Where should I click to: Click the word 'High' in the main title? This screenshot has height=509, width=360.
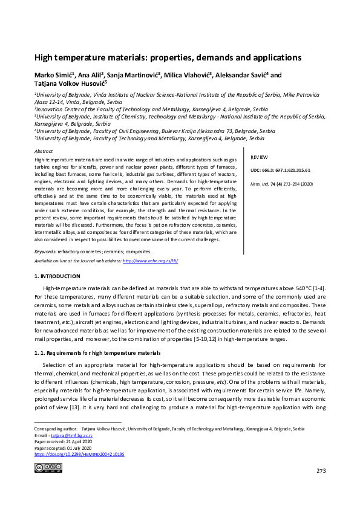pos(44,58)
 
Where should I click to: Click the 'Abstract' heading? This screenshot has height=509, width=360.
pos(44,151)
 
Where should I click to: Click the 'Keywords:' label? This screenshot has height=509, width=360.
pos(45,251)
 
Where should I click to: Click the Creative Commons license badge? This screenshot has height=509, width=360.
pos(48,467)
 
